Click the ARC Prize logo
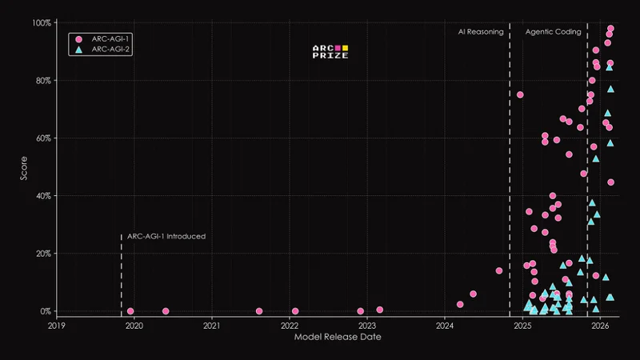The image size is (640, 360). pos(330,53)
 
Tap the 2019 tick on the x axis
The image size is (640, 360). pos(57,326)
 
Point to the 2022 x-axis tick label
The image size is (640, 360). pos(290,326)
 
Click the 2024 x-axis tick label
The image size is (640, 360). pos(445,326)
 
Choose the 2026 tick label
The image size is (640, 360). pos(600,326)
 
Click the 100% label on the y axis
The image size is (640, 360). pos(41,23)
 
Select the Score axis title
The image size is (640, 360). pos(24,166)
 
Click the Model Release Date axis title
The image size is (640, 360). pos(337,338)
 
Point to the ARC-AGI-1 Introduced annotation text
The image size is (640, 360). pos(166,237)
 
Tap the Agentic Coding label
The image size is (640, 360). pos(548,32)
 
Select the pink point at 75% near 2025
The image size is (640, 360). pos(520,94)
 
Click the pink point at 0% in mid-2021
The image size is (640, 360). pos(259,311)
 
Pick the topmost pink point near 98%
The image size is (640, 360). pos(610,29)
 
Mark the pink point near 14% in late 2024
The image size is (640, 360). pos(499,270)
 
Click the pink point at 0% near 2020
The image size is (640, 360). pos(130,311)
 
